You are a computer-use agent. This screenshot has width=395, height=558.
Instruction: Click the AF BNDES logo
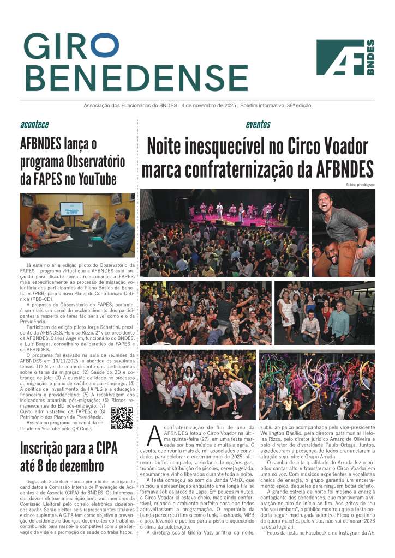coord(345,57)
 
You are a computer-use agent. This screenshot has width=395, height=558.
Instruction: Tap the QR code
coord(122,418)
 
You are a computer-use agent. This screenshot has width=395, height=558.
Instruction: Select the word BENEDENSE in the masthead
coord(136,77)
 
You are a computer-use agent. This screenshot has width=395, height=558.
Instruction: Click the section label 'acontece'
coord(34,124)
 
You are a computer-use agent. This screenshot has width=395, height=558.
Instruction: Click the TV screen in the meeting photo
coord(72,209)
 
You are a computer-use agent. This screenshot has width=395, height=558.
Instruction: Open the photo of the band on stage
coord(224,233)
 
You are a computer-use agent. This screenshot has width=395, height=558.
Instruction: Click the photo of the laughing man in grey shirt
coord(343,233)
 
